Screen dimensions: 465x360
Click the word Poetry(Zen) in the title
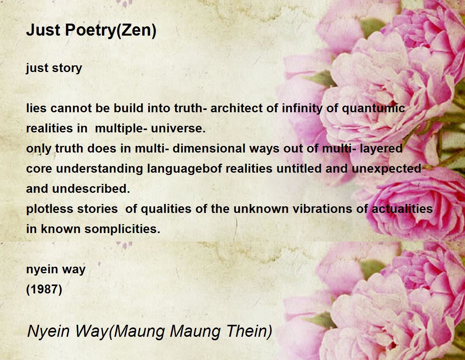111,31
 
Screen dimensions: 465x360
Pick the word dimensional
209,149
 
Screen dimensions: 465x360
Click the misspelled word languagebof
184,169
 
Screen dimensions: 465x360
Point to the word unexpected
386,169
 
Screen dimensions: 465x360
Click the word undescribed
91,189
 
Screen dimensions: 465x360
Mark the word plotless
50,209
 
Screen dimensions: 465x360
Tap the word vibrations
322,209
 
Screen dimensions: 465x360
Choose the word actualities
402,209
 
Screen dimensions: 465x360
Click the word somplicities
122,229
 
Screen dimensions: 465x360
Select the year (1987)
44,290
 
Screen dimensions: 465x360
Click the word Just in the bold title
43,30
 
